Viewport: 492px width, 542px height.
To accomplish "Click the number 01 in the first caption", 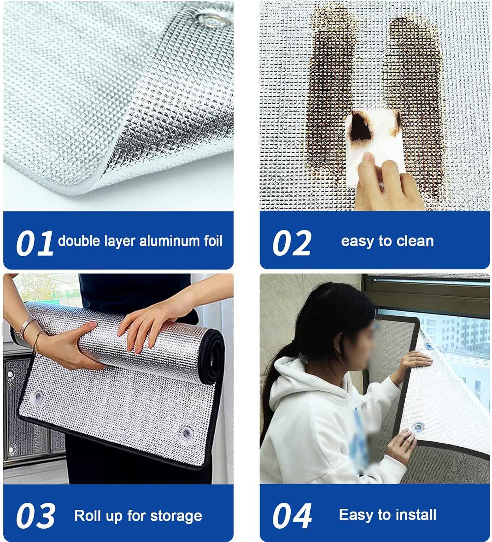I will [x=35, y=244].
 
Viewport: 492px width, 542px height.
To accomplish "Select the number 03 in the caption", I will [x=35, y=516].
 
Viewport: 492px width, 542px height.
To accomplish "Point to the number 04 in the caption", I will [x=292, y=516].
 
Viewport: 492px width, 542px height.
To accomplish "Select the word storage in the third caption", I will [x=176, y=516].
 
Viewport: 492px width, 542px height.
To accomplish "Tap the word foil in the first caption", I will [x=213, y=241].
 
